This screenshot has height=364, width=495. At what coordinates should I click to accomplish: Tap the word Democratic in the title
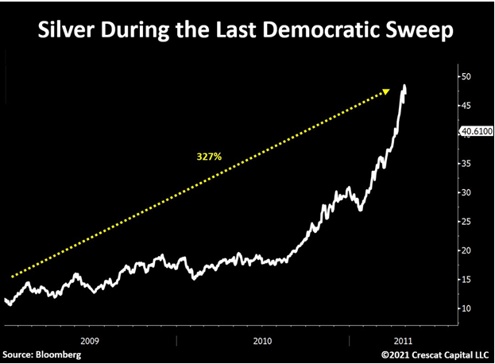tap(310, 33)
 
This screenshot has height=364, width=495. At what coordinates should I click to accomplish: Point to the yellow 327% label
tap(209, 157)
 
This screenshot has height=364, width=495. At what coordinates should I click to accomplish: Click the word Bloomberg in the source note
tap(63, 352)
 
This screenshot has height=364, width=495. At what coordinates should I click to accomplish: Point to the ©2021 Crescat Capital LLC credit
tap(433, 352)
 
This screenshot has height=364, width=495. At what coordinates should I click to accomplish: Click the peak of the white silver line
tap(405, 85)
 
